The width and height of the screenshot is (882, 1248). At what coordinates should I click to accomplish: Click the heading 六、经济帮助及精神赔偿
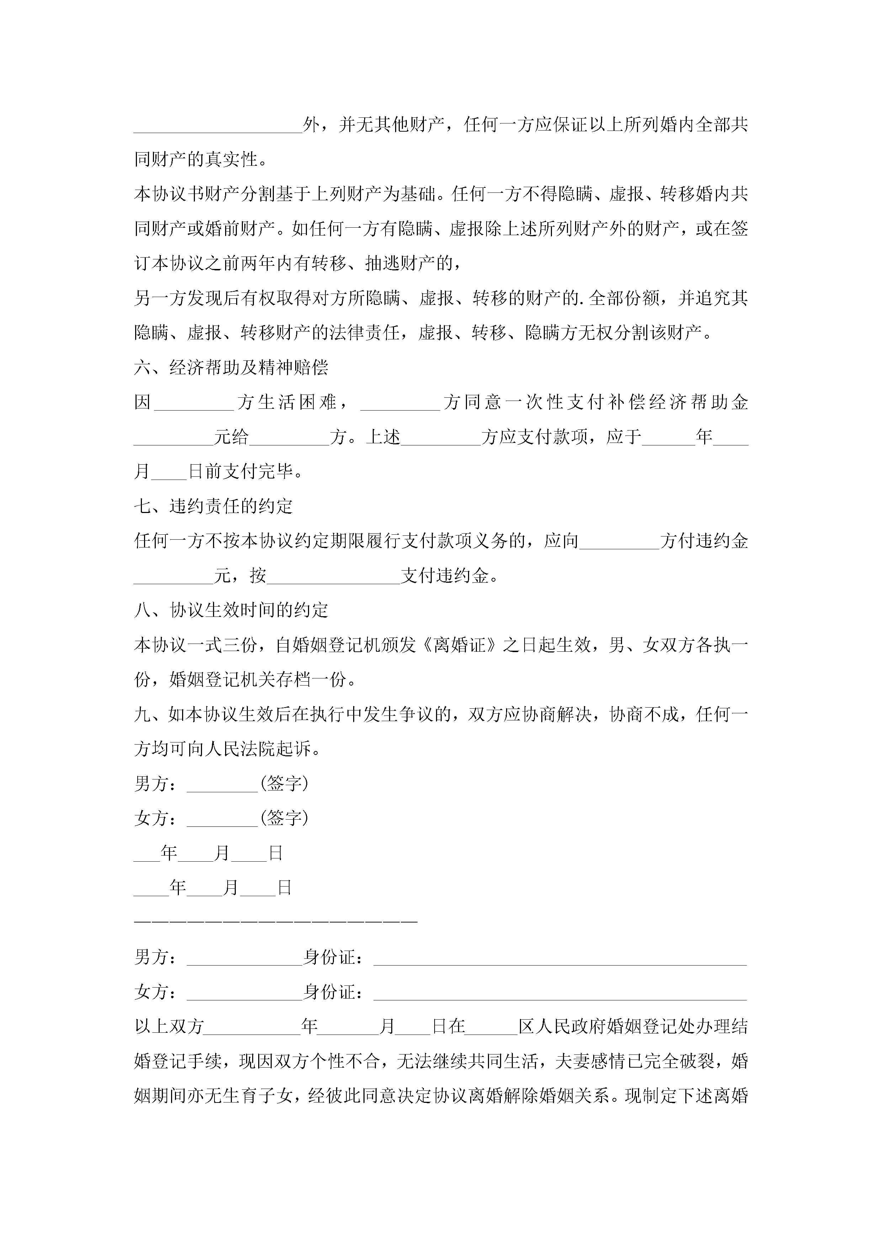click(x=231, y=368)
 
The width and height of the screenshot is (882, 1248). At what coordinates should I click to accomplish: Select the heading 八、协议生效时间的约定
click(x=231, y=610)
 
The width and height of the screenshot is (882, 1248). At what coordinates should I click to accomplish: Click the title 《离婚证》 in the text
click(x=459, y=645)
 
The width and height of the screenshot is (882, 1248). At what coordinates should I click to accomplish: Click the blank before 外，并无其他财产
click(x=217, y=126)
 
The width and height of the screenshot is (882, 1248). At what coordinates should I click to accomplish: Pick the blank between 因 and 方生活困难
click(x=194, y=403)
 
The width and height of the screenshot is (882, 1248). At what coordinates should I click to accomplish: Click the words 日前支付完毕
click(x=245, y=472)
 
